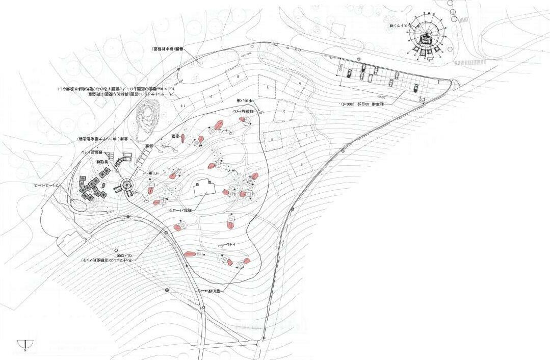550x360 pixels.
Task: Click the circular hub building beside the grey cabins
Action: point(127,185)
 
